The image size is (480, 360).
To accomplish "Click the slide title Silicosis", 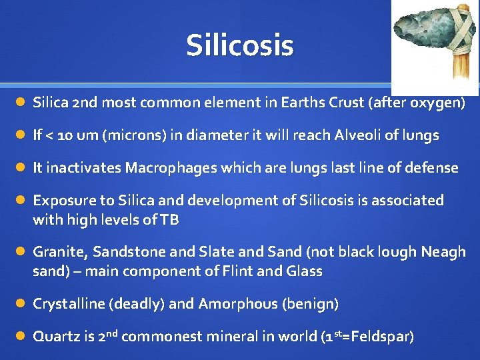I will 240,45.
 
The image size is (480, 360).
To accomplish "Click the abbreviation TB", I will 169,220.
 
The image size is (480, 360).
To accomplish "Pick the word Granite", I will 60,252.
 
